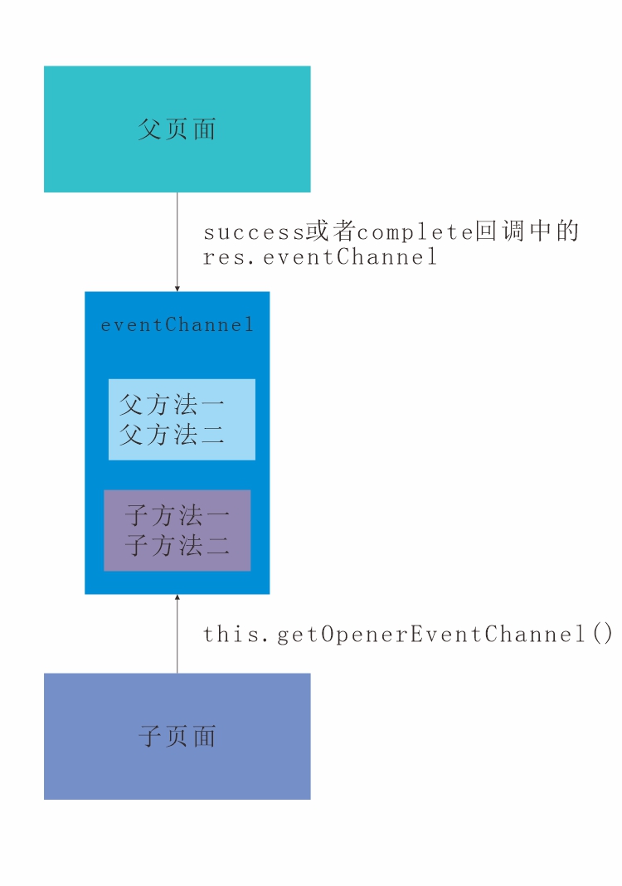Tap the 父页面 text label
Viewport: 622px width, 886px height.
coord(177,129)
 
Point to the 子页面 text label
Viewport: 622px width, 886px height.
coord(177,736)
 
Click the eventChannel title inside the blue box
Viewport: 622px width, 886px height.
coord(177,325)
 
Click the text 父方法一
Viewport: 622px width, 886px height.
coord(172,406)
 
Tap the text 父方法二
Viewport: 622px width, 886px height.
coord(172,434)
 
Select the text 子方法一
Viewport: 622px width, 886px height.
coord(177,516)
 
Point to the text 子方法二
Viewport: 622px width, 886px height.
coord(177,545)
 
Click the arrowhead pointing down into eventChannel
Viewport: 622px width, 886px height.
coord(177,288)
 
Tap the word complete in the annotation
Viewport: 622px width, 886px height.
coord(415,231)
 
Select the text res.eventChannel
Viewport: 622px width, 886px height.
coord(320,257)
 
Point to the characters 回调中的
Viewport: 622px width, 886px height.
coord(527,231)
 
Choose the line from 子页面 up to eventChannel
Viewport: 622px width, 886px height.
coord(177,639)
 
